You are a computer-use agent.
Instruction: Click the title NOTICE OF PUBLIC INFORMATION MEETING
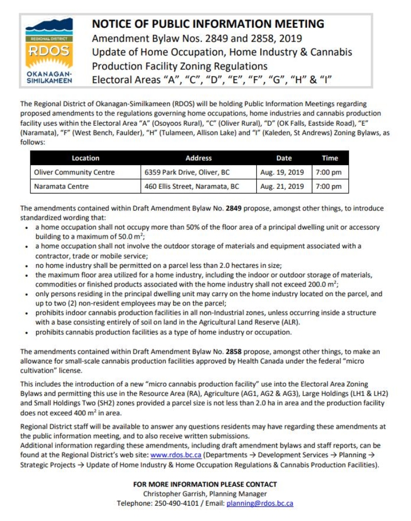pyautogui.click(x=208, y=24)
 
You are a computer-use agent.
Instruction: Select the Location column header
pyautogui.click(x=85, y=158)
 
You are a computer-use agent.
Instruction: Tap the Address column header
pyautogui.click(x=198, y=158)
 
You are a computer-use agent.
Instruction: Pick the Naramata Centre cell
pyautogui.click(x=61, y=186)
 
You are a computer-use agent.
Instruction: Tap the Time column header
pyautogui.click(x=330, y=158)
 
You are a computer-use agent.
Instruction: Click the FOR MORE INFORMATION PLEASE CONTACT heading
pyautogui.click(x=205, y=484)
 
